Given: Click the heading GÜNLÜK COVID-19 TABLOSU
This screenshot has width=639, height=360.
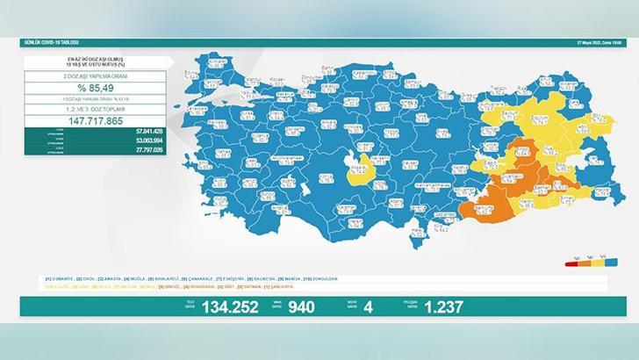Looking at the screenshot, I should [x=52, y=42].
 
